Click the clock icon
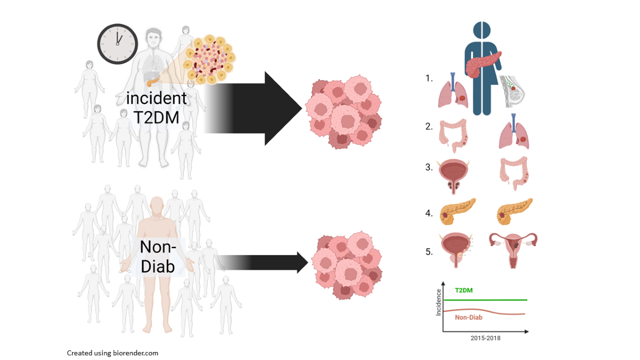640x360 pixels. [x=117, y=43]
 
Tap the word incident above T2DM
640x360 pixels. [x=156, y=98]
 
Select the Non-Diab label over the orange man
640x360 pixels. [x=157, y=256]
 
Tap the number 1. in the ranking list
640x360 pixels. [x=429, y=78]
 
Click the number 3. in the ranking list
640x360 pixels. [x=429, y=167]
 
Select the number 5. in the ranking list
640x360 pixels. [x=429, y=251]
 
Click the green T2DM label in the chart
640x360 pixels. [x=463, y=291]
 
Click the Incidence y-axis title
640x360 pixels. [x=438, y=302]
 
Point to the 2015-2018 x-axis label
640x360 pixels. [x=485, y=338]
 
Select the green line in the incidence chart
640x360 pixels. [x=501, y=300]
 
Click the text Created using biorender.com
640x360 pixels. [x=113, y=353]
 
